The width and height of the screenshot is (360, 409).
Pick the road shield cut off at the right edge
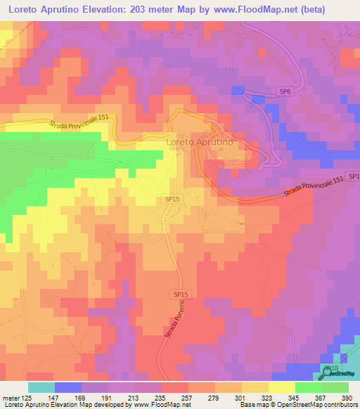(x=354, y=176)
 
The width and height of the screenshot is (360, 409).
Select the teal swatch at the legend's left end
(x=41, y=387)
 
